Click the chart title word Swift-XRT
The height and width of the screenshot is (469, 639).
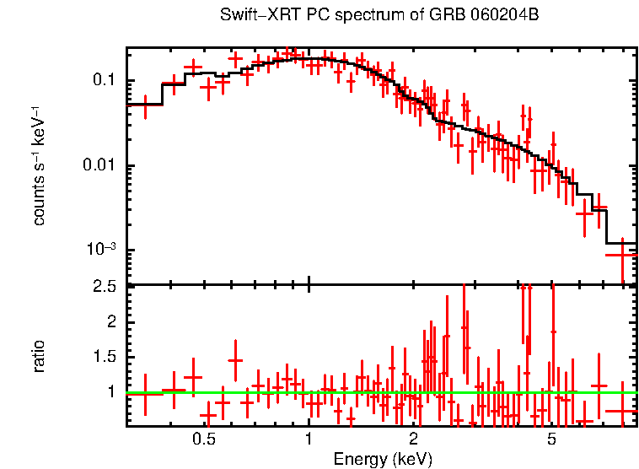click(251, 15)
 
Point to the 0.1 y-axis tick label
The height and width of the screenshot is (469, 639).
click(103, 81)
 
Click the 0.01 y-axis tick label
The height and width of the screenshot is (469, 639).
click(99, 166)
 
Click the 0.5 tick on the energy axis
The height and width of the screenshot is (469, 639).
click(204, 439)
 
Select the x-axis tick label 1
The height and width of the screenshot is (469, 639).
click(309, 439)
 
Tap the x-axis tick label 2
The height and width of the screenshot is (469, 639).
click(414, 439)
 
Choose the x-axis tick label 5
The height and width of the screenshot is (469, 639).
click(551, 439)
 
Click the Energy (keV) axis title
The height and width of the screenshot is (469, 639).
click(383, 459)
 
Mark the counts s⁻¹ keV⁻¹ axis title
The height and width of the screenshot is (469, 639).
click(40, 166)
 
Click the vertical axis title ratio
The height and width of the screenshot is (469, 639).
click(40, 356)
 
